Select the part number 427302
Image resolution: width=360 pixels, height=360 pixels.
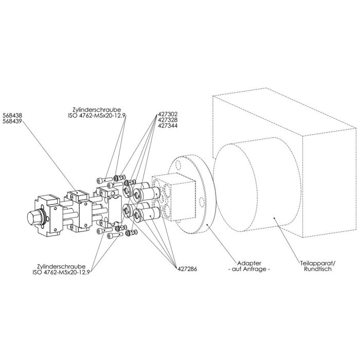click(x=168, y=113)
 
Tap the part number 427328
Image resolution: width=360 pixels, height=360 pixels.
click(x=168, y=119)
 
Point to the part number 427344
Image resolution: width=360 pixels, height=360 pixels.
click(x=168, y=125)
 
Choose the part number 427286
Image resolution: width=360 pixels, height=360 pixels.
click(x=188, y=268)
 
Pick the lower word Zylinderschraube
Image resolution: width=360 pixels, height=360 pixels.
click(x=65, y=266)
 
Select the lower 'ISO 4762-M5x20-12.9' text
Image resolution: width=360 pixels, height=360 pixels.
click(x=65, y=273)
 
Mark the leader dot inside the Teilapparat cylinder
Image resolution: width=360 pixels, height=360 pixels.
click(x=276, y=218)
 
